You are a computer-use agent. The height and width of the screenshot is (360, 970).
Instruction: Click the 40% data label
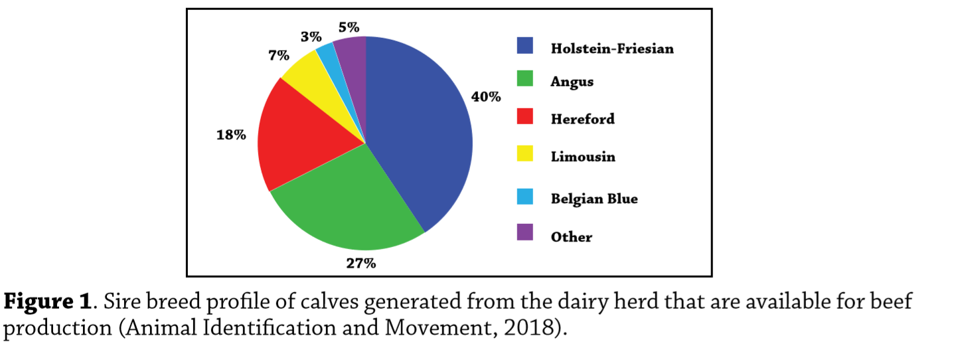click(486, 97)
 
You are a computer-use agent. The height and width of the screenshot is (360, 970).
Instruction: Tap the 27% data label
click(361, 263)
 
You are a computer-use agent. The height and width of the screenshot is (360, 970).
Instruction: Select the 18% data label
click(231, 135)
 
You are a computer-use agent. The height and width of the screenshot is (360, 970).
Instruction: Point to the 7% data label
click(279, 56)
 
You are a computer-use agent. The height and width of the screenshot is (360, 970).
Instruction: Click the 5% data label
click(349, 27)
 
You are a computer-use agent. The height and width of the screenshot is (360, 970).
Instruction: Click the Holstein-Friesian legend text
click(611, 48)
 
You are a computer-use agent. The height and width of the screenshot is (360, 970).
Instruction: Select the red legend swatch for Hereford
click(525, 117)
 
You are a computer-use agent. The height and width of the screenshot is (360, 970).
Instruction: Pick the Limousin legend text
click(582, 157)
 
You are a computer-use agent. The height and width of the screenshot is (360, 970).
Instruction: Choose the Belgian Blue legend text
click(594, 199)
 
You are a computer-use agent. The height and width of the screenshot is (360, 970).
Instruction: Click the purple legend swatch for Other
click(525, 232)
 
